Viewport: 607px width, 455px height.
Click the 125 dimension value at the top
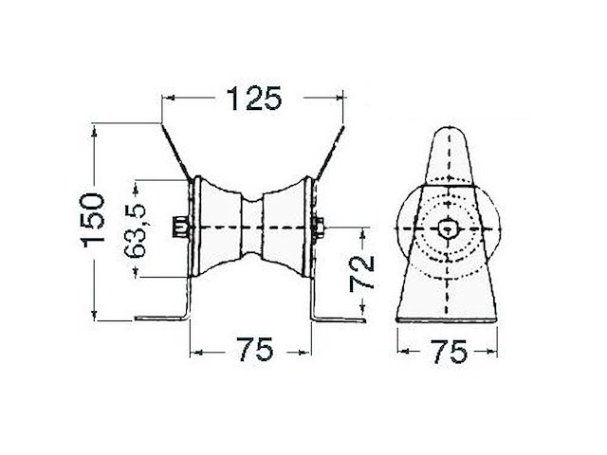(x=254, y=99)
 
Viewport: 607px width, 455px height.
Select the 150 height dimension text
(x=93, y=220)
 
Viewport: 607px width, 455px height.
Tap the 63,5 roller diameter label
(x=135, y=230)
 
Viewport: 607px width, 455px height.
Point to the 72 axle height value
(x=361, y=273)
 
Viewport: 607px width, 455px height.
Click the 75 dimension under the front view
(x=255, y=350)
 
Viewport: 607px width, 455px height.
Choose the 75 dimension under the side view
(x=449, y=352)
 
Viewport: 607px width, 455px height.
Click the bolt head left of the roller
(x=179, y=227)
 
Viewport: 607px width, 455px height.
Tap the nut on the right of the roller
(x=319, y=227)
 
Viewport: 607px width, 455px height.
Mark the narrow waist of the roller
(x=252, y=227)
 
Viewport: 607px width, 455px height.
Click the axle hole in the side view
(x=448, y=228)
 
